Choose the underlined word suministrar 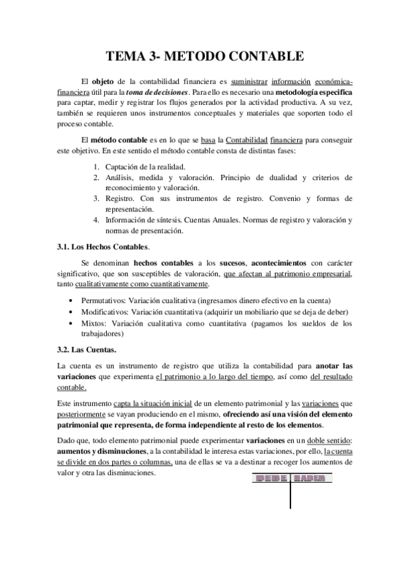[242, 81]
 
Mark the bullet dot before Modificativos [72, 312]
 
